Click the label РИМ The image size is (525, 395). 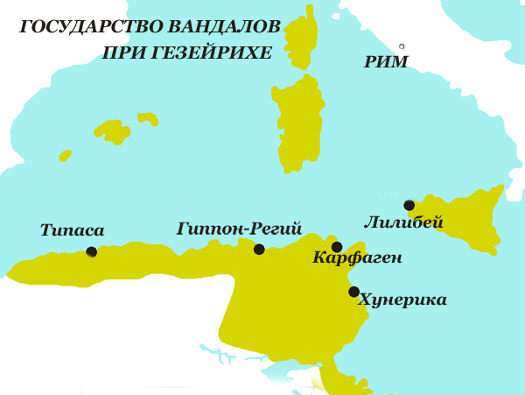386,62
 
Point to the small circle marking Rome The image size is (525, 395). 402,46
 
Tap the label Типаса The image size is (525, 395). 72,231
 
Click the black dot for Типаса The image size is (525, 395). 92,252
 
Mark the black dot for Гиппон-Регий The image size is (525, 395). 259,250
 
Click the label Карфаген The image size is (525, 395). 357,258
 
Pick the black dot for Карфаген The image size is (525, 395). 337,247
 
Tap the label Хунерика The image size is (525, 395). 402,300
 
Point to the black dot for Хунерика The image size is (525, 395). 353,292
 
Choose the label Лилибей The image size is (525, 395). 402,223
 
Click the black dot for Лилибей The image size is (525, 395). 409,206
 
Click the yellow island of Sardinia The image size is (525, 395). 297,123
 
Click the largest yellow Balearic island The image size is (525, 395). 114,131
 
